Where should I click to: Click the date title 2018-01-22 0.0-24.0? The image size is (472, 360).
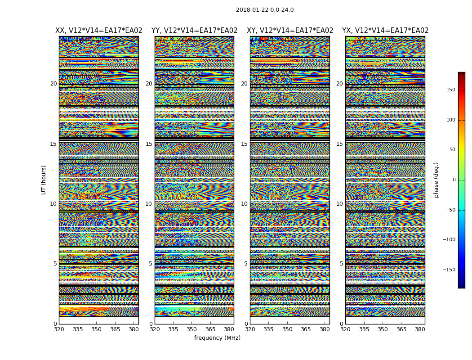pos(265,10)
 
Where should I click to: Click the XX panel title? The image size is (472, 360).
pos(99,31)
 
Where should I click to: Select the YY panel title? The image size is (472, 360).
pos(194,31)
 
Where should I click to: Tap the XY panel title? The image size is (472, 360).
pos(290,31)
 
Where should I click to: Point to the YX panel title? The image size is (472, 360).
pos(385,31)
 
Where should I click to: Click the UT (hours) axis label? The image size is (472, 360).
pos(44,180)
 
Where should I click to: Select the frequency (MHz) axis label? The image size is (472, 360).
pos(217,338)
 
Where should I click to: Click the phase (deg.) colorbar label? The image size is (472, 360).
pos(436,180)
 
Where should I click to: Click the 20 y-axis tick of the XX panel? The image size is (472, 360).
pos(53,84)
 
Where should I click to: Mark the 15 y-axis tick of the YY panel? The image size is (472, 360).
pos(149,144)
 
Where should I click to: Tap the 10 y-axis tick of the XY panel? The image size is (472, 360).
pos(244,204)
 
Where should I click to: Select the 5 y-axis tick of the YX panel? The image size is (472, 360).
pos(341,264)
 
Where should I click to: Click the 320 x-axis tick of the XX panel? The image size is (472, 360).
pos(59,329)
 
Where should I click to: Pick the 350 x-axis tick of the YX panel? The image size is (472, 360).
pos(383,329)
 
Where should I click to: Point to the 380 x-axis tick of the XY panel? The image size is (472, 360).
pos(324,329)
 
